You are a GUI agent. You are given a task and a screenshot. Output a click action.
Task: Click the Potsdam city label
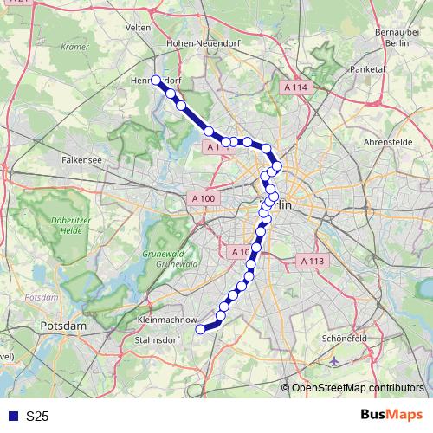tap(64, 326)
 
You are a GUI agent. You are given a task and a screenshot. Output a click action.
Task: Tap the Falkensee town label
tap(85, 160)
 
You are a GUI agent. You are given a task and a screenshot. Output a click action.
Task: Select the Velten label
tap(139, 28)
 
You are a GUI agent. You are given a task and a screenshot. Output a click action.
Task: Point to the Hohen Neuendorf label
tap(195, 40)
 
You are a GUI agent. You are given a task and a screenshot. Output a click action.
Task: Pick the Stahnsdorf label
tap(164, 341)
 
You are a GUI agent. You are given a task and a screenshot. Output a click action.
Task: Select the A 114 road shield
tap(295, 87)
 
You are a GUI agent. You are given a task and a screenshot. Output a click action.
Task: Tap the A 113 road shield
tap(311, 261)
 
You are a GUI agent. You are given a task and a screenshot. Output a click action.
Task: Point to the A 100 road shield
tap(202, 198)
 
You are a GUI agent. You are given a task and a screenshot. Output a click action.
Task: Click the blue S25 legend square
tap(11, 417)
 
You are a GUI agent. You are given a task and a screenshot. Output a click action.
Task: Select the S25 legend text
tap(37, 417)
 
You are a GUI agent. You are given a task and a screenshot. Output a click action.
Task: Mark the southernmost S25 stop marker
tap(201, 329)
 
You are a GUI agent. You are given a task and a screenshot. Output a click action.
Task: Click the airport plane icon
tap(335, 361)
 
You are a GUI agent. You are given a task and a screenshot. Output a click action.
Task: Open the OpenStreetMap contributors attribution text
tap(359, 388)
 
